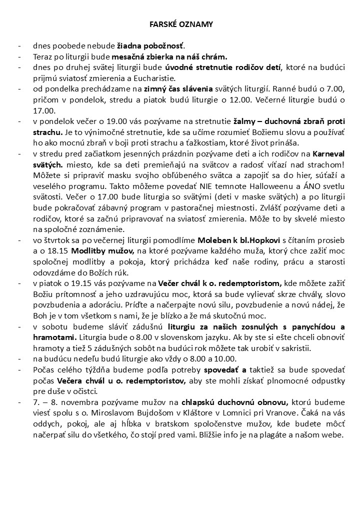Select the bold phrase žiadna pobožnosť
click(x=151, y=45)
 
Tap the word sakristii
click(x=329, y=348)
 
